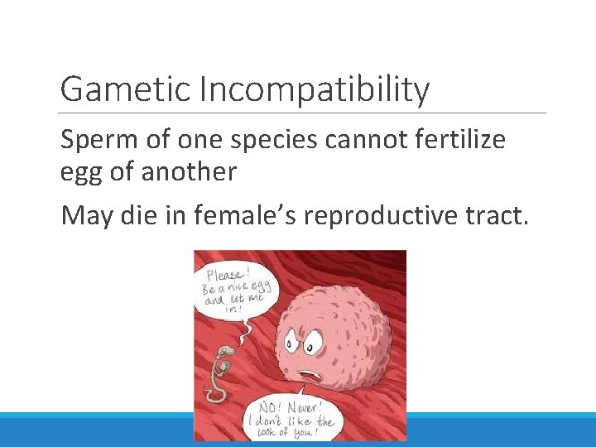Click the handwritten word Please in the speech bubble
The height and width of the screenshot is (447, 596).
point(224,275)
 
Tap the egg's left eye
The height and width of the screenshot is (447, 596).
point(295,340)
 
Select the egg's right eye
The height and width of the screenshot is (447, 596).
point(318,340)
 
